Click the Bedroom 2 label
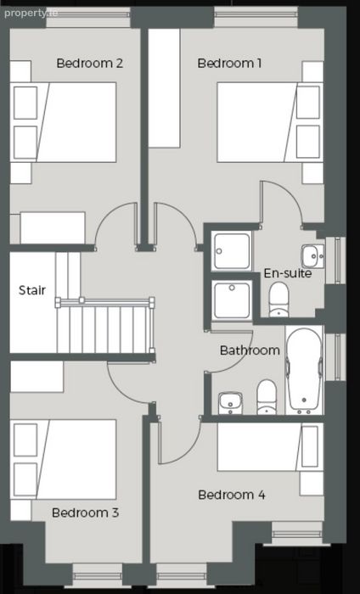coord(90,63)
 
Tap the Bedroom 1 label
coord(229,63)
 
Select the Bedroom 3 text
coord(85,513)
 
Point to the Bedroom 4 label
coord(232,495)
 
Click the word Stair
coord(32,290)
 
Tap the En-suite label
coord(288,273)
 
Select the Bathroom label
coord(250,350)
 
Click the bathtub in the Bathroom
coord(304,370)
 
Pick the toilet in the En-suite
coord(278,300)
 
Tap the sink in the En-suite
coord(313,256)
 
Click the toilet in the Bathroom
coord(267,396)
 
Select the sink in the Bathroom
coord(230,403)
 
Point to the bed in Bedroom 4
coord(270,447)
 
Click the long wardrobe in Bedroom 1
coord(164,88)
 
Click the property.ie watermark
coord(31,13)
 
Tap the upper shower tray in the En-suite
coord(232,251)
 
